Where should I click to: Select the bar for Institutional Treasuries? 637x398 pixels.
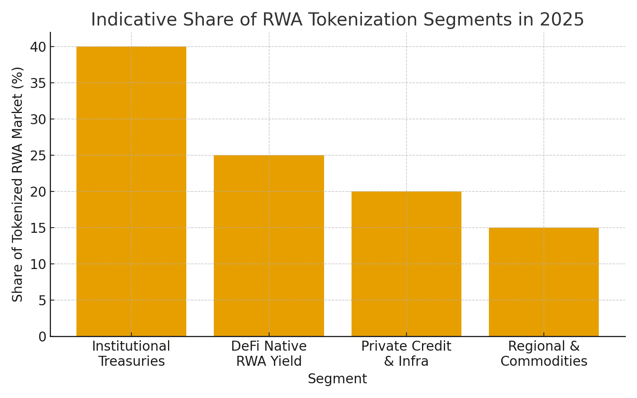[x=131, y=191]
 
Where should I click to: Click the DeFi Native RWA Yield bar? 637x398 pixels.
[x=269, y=246]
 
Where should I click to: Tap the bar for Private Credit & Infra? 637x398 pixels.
[x=406, y=263]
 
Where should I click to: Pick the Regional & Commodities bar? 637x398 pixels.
[x=543, y=282]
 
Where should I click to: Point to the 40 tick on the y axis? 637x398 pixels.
[x=38, y=47]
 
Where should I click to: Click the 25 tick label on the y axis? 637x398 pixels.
[x=38, y=156]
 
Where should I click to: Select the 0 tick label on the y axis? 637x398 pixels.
[x=42, y=337]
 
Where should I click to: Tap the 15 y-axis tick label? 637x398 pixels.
[x=38, y=228]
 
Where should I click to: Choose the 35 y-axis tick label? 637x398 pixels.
[x=38, y=83]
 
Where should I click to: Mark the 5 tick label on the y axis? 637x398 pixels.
[x=42, y=300]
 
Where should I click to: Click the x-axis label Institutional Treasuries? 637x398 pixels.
[x=131, y=354]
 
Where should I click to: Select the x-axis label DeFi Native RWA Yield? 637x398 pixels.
[x=269, y=354]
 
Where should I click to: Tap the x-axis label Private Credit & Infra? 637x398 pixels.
[x=406, y=354]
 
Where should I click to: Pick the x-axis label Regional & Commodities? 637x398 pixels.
[x=543, y=354]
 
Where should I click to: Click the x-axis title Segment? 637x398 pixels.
[x=337, y=379]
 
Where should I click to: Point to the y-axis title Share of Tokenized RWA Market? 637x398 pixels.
[x=18, y=184]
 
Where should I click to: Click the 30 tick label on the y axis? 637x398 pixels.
[x=38, y=119]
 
